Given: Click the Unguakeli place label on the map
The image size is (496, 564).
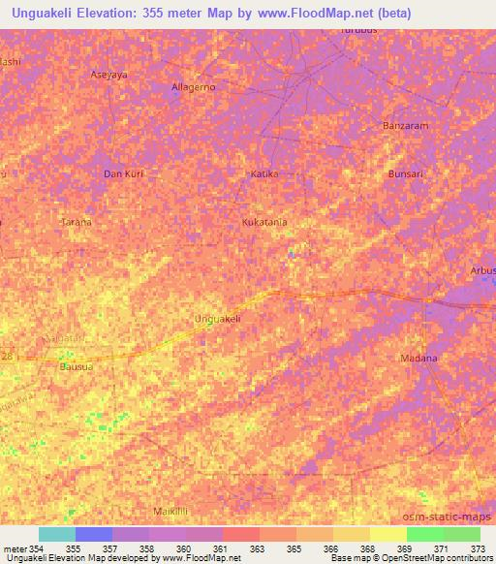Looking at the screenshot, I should click(x=217, y=318).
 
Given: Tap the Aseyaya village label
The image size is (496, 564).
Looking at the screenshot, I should click(x=109, y=74).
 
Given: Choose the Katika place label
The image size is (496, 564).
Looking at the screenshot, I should click(x=264, y=174).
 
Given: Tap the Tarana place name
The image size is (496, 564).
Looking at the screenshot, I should click(x=77, y=222).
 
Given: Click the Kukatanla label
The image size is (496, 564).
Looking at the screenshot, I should click(x=264, y=222).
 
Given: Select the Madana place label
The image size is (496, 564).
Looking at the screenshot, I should click(x=419, y=359).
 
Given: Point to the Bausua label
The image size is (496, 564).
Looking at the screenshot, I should click(x=76, y=367).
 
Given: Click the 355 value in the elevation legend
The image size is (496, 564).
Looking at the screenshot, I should click(x=74, y=548).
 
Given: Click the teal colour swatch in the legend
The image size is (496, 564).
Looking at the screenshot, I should click(x=56, y=534).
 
